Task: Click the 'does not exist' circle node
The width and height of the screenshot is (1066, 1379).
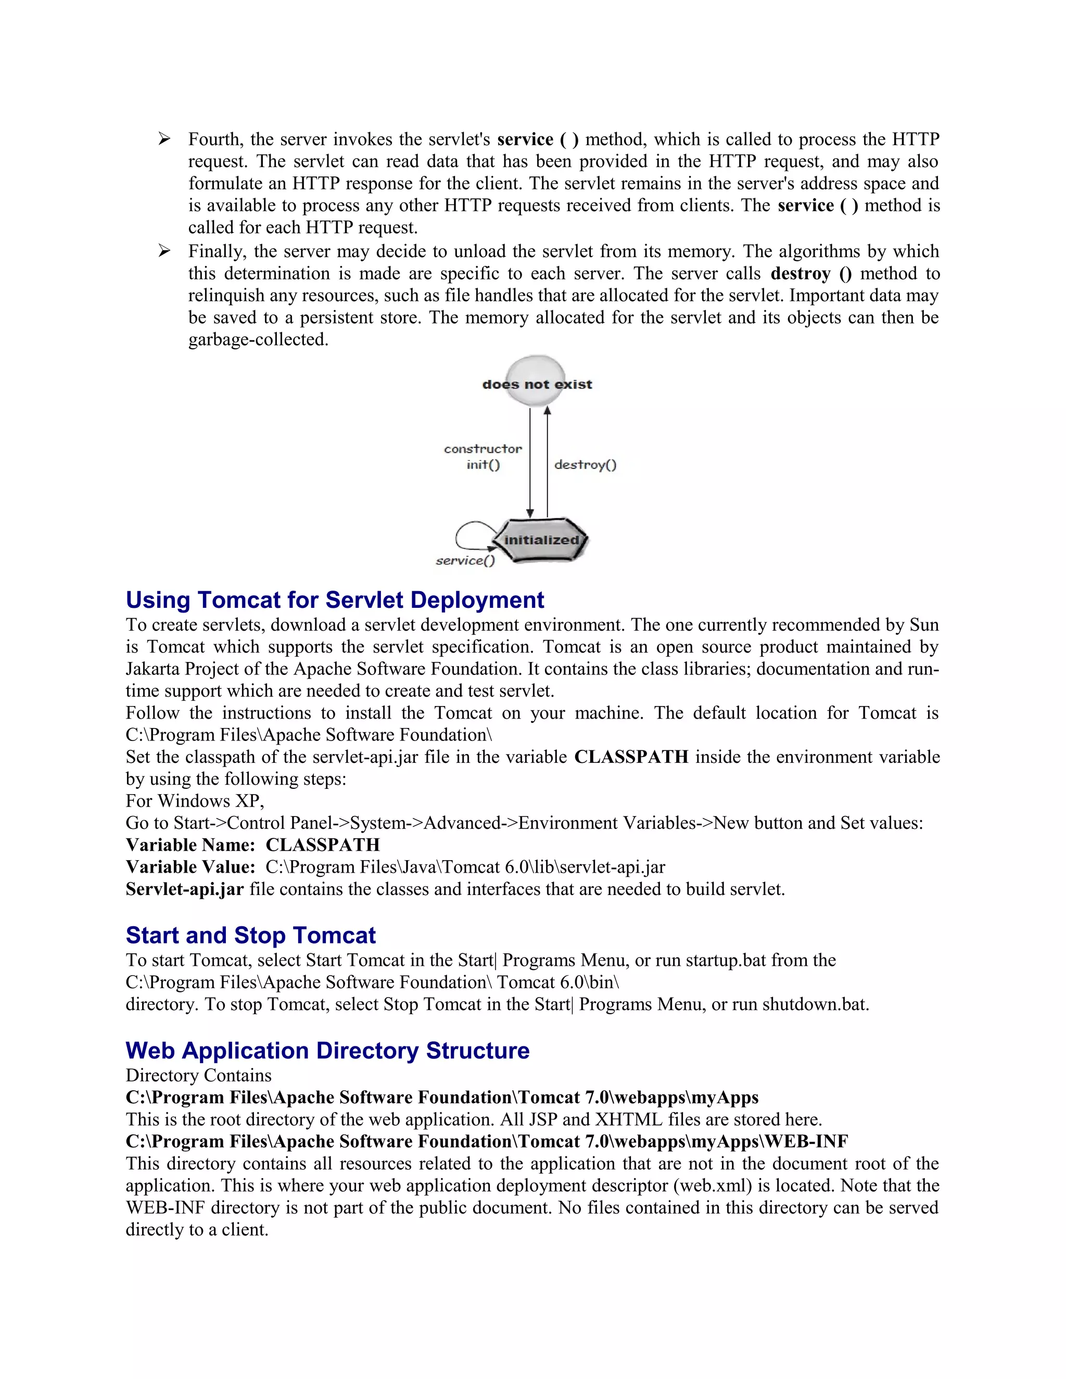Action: pyautogui.click(x=536, y=381)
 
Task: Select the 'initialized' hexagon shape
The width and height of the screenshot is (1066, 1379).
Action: pyautogui.click(x=541, y=540)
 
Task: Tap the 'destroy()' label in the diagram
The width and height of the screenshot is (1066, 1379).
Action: pyautogui.click(x=585, y=465)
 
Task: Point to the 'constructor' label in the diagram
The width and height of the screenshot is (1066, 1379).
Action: pyautogui.click(x=483, y=449)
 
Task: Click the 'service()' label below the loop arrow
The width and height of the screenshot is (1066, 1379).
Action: pyautogui.click(x=465, y=560)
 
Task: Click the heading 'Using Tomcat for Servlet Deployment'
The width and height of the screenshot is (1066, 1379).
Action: pyautogui.click(x=335, y=600)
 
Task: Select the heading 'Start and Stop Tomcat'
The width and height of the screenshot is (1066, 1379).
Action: pyautogui.click(x=251, y=935)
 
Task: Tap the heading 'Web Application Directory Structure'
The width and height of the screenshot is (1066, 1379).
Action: pyautogui.click(x=327, y=1051)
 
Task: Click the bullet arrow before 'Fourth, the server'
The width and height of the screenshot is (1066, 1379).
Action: pyautogui.click(x=164, y=139)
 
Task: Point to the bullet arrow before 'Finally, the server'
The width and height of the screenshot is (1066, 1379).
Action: pyautogui.click(x=164, y=251)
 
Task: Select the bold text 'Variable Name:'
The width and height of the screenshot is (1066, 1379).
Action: pyautogui.click(x=190, y=845)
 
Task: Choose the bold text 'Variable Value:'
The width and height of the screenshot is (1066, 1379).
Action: pyautogui.click(x=190, y=867)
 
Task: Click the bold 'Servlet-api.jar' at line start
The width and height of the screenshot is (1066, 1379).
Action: pyautogui.click(x=184, y=889)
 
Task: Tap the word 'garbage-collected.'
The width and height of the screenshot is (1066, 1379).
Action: pyautogui.click(x=258, y=340)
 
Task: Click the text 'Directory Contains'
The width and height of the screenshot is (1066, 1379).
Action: pyautogui.click(x=198, y=1075)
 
